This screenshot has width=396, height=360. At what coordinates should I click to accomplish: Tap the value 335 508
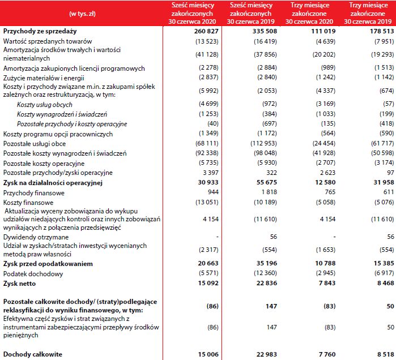click(x=258, y=31)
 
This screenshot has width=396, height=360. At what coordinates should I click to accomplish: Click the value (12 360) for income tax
click(x=258, y=273)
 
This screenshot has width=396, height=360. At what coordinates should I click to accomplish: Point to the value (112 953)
click(x=257, y=143)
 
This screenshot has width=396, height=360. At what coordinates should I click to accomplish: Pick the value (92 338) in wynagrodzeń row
click(x=202, y=153)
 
